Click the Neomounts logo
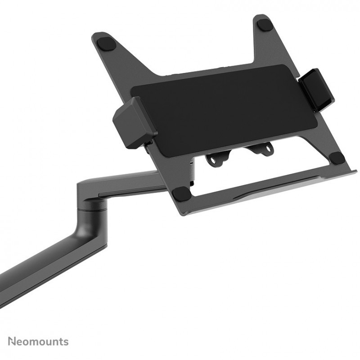(38, 342)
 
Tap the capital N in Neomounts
(12, 341)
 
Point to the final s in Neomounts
(66, 342)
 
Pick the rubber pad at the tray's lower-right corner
(337, 158)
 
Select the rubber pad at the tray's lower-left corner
(182, 193)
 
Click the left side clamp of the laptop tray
(134, 122)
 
